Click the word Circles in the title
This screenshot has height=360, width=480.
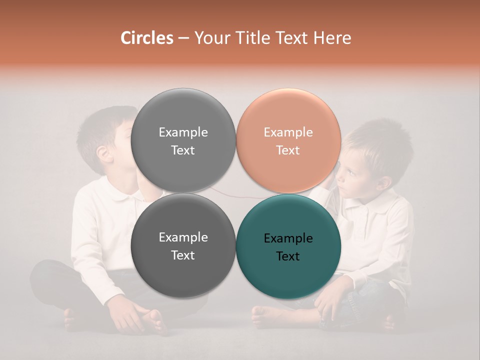[146, 38]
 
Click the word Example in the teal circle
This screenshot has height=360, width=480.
[288, 238]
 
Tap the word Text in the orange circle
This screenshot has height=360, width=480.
[288, 150]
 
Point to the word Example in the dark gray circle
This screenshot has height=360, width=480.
[183, 237]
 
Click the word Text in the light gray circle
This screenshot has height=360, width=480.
[183, 150]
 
